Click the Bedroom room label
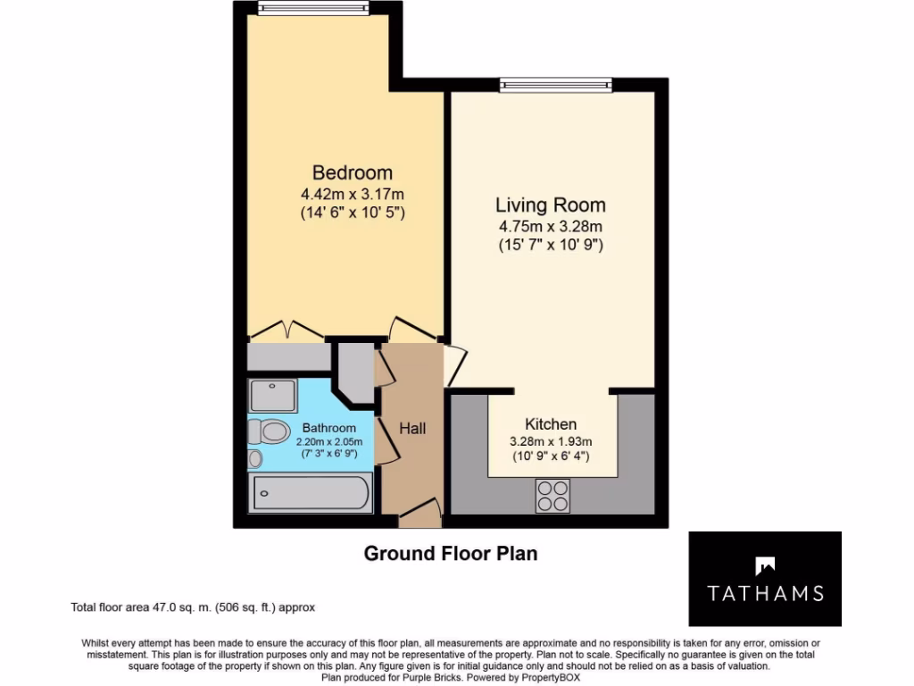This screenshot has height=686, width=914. click(x=352, y=172)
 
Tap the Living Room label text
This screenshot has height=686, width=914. click(x=551, y=205)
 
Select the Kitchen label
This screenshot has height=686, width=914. click(x=551, y=424)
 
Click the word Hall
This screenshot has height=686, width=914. click(x=412, y=429)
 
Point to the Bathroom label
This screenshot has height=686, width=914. click(x=328, y=428)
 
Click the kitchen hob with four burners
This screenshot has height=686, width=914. click(x=553, y=496)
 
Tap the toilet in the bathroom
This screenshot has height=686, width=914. click(x=270, y=432)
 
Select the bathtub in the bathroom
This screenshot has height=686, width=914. click(x=310, y=492)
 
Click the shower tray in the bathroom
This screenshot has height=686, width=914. click(x=273, y=395)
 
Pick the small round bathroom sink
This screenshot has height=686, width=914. click(x=256, y=459)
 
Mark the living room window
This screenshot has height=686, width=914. click(x=556, y=86)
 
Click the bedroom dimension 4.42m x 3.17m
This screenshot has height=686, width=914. click(x=352, y=194)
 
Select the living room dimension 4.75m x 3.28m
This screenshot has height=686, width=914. click(x=551, y=226)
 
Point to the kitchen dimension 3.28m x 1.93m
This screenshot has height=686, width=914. click(x=551, y=441)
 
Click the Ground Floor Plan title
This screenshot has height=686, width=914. click(x=451, y=554)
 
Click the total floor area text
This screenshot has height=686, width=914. click(x=193, y=607)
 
